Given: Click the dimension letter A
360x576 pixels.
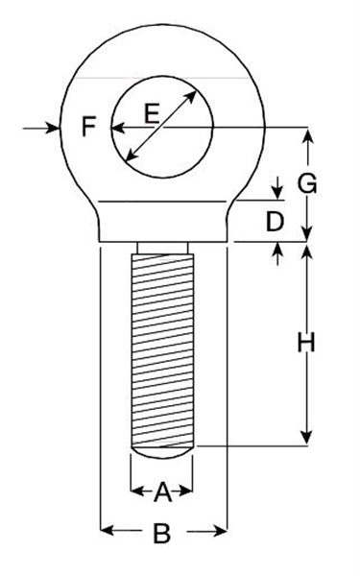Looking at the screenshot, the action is click(x=163, y=492).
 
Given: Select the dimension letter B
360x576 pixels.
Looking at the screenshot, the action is click(x=161, y=534).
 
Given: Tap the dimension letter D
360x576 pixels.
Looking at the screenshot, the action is click(x=275, y=222).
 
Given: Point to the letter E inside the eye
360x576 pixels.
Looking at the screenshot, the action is click(x=152, y=113).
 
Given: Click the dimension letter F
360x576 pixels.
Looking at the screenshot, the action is click(x=89, y=127).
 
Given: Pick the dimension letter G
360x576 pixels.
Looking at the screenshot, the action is click(x=307, y=183).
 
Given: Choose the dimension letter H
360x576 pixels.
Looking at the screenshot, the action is click(x=306, y=343).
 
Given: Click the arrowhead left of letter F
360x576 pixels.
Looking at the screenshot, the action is click(x=53, y=129).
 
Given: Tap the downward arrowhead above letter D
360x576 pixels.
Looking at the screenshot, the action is click(x=277, y=192).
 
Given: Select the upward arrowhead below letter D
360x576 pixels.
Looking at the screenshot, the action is click(x=277, y=250).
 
